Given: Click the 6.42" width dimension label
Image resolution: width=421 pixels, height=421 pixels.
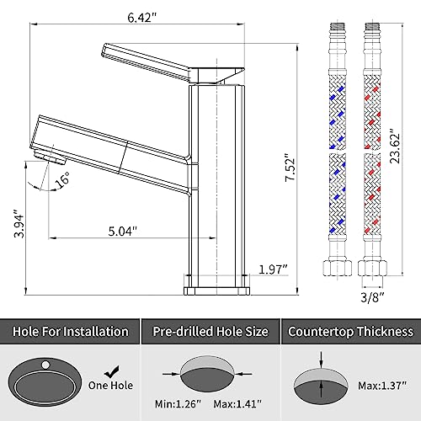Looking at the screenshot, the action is (x=141, y=18).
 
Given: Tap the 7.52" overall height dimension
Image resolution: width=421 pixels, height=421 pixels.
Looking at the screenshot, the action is (x=290, y=168).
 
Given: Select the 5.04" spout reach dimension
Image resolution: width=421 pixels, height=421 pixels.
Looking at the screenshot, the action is (x=123, y=232).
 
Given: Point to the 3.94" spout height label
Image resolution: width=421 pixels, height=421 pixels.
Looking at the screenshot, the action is (x=19, y=223).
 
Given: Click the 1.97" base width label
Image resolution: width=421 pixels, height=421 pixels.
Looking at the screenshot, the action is (x=273, y=269).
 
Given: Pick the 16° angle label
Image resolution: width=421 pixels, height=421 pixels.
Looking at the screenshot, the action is (x=62, y=179).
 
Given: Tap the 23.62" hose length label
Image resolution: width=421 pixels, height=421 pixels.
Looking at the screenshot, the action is (x=394, y=146).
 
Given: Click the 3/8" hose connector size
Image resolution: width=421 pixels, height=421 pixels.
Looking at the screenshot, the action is (x=372, y=297).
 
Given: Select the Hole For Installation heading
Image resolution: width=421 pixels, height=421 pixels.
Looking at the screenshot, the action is (x=71, y=332).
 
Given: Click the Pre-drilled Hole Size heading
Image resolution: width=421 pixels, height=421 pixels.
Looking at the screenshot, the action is (x=210, y=332).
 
